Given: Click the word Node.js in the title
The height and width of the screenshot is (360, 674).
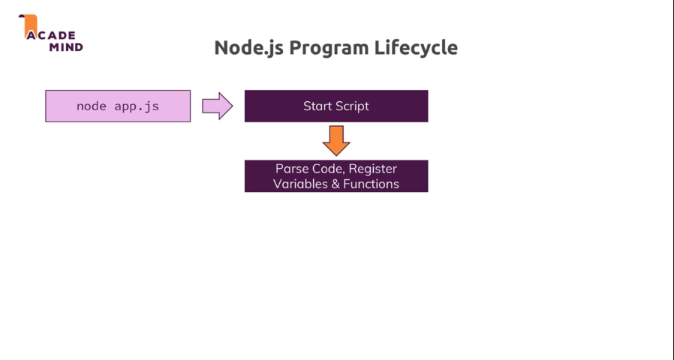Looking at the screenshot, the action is click(249, 48).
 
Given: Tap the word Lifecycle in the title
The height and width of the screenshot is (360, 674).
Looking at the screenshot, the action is click(416, 47).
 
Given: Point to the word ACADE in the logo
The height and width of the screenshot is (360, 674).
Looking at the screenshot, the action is click(51, 35).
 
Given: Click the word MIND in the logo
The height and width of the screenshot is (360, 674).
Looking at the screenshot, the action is click(66, 47).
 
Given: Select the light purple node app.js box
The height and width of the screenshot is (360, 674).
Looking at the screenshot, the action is click(118, 106).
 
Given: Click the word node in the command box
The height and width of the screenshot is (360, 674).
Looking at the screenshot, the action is click(91, 106).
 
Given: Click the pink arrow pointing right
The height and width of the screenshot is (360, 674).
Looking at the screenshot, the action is click(218, 106).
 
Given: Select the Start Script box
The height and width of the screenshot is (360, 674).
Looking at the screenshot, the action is click(336, 106).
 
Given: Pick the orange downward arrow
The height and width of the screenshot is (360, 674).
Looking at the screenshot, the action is click(336, 140).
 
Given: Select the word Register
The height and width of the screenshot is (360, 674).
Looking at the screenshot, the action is click(373, 169).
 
